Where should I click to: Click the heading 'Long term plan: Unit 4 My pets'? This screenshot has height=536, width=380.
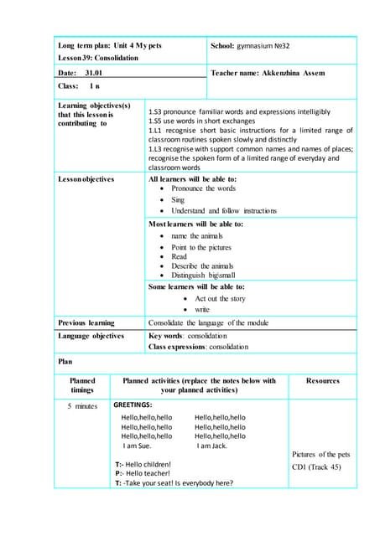[113, 44]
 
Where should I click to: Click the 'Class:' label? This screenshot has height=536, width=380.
[68, 86]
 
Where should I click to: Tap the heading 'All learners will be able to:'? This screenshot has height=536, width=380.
[192, 179]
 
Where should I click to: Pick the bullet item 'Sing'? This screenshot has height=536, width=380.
[178, 200]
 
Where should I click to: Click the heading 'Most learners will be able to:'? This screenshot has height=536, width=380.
[195, 224]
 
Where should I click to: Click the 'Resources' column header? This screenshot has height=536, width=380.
[322, 381]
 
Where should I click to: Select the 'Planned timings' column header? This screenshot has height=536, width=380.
[82, 385]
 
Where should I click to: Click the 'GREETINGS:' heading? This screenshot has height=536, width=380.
[133, 405]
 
